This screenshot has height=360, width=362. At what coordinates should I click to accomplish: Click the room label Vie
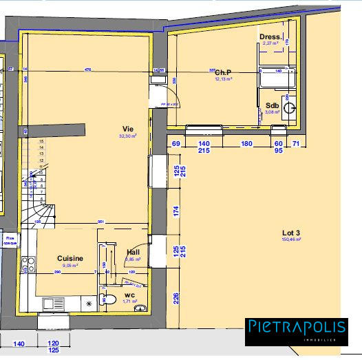(x=127, y=129)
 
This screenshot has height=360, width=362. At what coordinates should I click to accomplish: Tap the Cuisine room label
(x=70, y=258)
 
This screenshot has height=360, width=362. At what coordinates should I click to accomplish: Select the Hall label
(x=134, y=253)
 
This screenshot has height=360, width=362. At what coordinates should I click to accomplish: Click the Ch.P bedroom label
(x=222, y=72)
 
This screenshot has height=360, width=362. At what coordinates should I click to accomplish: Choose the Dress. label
(x=270, y=36)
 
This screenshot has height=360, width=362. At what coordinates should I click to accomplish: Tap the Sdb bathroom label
(x=273, y=105)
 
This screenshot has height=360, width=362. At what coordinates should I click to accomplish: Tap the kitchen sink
(x=54, y=302)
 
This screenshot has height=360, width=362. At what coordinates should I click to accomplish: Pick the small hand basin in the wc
(x=142, y=308)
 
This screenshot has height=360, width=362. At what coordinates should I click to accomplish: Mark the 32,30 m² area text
(x=127, y=136)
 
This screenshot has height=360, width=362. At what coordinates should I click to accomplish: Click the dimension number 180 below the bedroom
(x=246, y=144)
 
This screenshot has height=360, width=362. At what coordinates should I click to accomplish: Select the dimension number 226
(x=177, y=297)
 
